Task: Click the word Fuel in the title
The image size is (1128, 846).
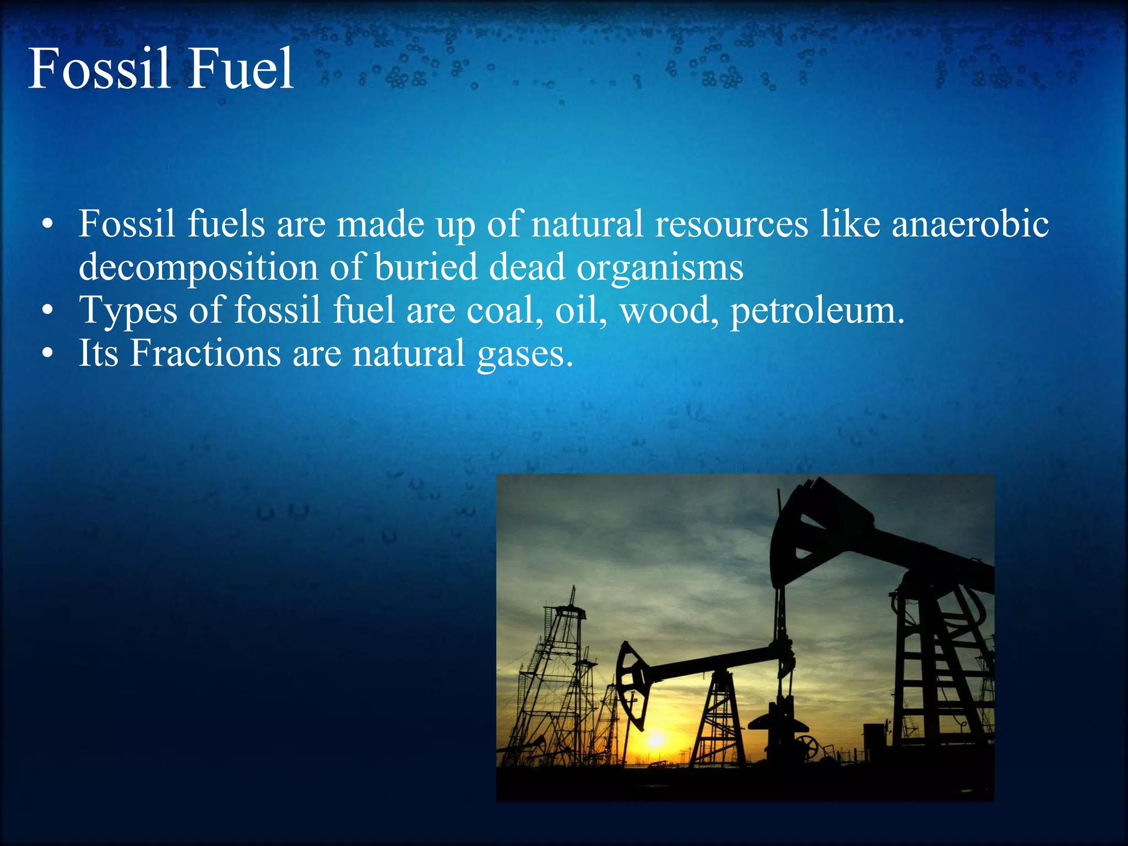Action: pyautogui.click(x=241, y=69)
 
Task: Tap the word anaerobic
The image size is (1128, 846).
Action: pyautogui.click(x=970, y=225)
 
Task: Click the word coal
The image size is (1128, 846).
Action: pyautogui.click(x=501, y=310)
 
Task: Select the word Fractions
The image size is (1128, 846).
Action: pyautogui.click(x=205, y=353)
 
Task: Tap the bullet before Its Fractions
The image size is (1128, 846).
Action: pyautogui.click(x=48, y=354)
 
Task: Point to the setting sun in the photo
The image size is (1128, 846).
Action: pyautogui.click(x=655, y=739)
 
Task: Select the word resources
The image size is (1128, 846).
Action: pyautogui.click(x=731, y=225)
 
